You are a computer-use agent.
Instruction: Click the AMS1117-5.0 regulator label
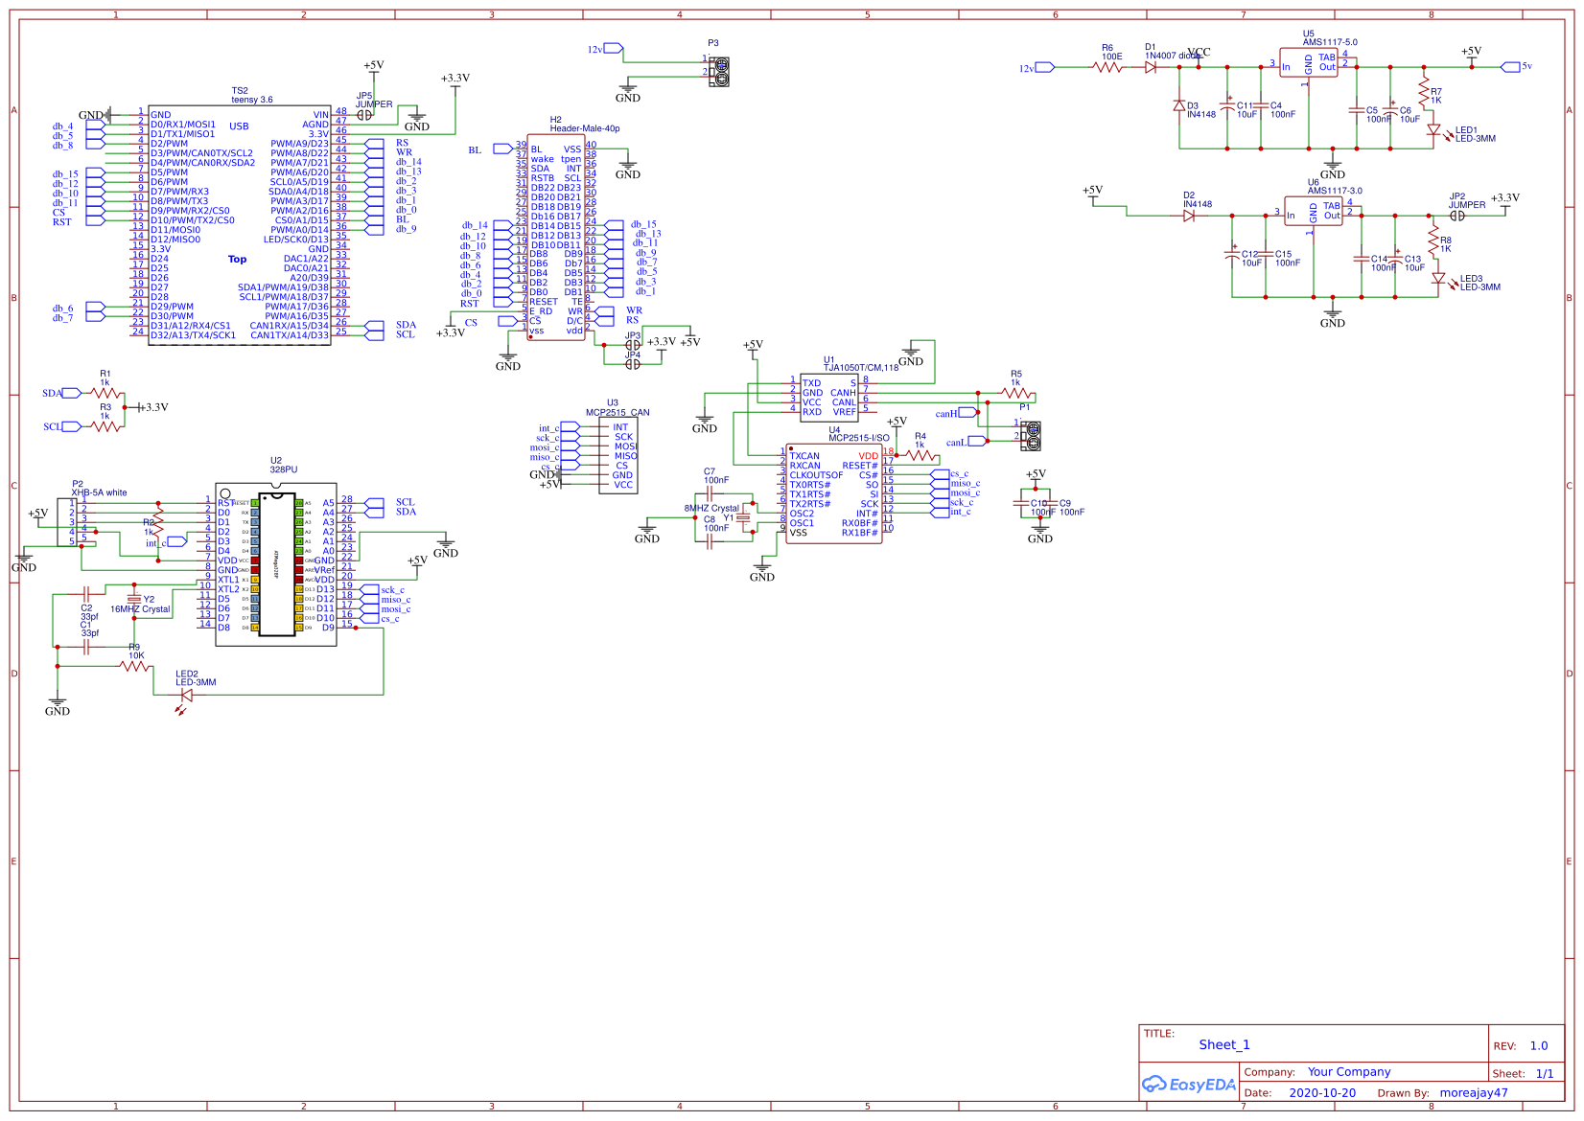point(1329,42)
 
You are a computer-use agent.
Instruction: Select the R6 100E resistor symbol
point(1108,67)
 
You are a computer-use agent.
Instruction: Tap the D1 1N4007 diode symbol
point(1151,67)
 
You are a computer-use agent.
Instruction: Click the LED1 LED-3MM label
point(1475,135)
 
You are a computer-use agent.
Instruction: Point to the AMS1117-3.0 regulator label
point(1334,191)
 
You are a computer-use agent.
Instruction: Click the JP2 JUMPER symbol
point(1457,216)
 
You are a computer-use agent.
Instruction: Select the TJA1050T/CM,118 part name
point(861,368)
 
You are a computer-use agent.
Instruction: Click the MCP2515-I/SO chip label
point(858,438)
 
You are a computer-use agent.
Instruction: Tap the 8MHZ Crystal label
point(711,509)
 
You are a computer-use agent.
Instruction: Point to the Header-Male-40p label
point(585,128)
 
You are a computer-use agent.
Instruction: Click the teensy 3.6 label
point(251,100)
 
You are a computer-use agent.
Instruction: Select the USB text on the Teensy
point(239,126)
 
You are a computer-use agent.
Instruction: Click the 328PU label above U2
point(283,469)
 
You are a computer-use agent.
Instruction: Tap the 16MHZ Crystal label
point(140,609)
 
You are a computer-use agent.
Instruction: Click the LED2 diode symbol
point(186,696)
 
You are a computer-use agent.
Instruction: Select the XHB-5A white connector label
point(99,492)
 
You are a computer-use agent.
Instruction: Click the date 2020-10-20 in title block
point(1321,1093)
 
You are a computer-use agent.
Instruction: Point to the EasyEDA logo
point(1188,1085)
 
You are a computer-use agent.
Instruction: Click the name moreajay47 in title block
point(1473,1093)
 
